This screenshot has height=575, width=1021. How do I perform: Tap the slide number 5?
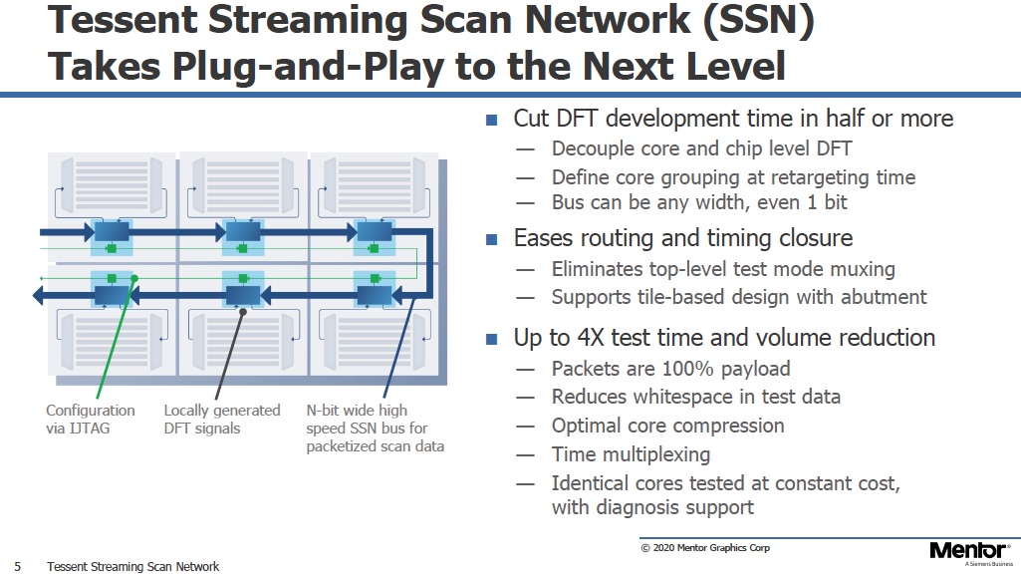point(18,567)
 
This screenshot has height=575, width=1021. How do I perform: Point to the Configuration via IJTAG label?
point(91,420)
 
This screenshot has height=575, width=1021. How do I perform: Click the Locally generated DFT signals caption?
point(222,420)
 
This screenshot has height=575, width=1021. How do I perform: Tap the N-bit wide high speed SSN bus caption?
point(376,428)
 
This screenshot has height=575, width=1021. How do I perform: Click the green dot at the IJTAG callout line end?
point(134,279)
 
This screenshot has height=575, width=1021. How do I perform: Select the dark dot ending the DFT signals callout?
point(243,312)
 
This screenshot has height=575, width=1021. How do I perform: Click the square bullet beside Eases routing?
point(492,239)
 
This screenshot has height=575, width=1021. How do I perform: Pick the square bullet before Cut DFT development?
point(492,120)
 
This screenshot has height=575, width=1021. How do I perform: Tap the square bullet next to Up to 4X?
point(492,339)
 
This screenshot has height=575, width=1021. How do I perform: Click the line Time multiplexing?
point(631,454)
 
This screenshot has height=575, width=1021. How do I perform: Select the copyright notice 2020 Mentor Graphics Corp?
point(705,548)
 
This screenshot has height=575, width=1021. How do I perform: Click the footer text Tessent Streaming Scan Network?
point(132,567)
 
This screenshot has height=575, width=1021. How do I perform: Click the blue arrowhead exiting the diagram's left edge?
point(38,296)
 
